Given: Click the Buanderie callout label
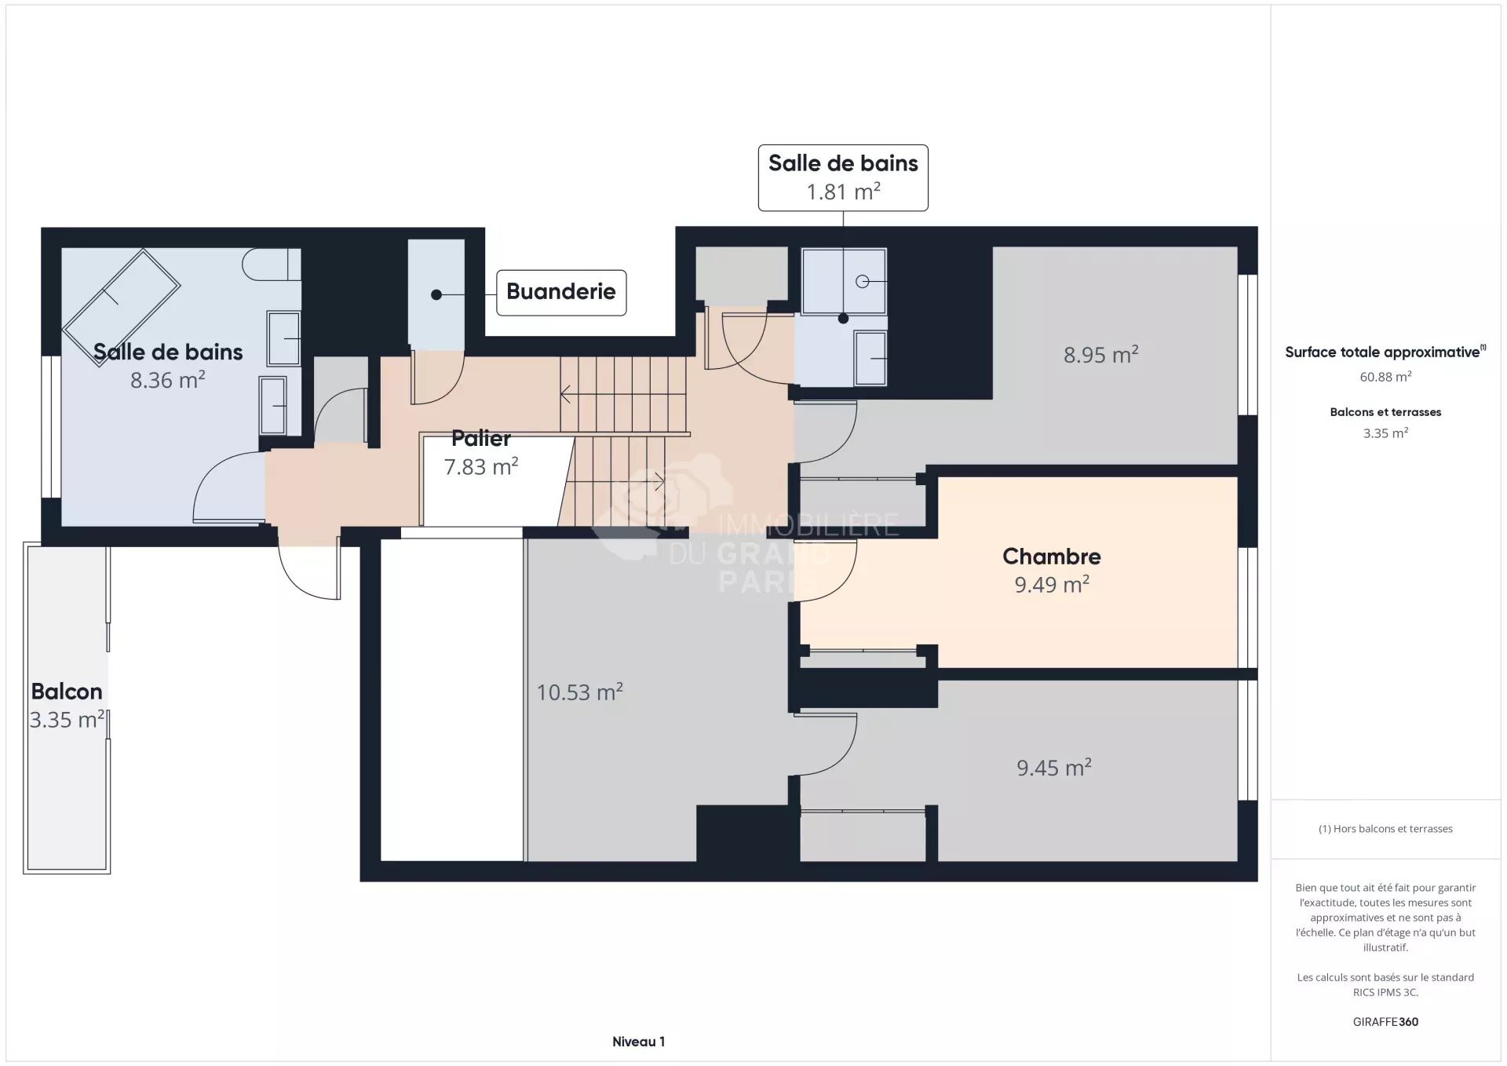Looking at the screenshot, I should [x=560, y=292].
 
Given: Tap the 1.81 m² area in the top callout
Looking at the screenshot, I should [x=843, y=192].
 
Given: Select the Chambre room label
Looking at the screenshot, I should [x=1051, y=557].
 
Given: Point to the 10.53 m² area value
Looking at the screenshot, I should [x=579, y=692].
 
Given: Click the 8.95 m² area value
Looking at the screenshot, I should [x=1100, y=355].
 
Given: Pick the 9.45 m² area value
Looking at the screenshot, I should [x=1053, y=768].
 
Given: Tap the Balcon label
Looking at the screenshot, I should [x=67, y=692].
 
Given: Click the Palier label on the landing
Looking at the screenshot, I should [x=480, y=438].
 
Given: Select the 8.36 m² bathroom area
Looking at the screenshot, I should [x=167, y=380].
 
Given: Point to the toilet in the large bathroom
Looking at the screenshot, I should [x=271, y=265].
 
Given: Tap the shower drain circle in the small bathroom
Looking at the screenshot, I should [x=862, y=281].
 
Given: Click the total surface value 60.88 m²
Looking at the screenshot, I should [x=1385, y=377].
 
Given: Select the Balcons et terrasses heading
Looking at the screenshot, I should [x=1385, y=412].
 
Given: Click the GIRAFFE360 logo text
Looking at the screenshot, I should [x=1385, y=1021].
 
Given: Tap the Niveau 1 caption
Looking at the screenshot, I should [x=638, y=1042].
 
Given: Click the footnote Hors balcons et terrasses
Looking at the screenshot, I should [x=1385, y=829].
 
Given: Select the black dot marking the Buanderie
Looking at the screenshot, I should [x=436, y=295].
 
